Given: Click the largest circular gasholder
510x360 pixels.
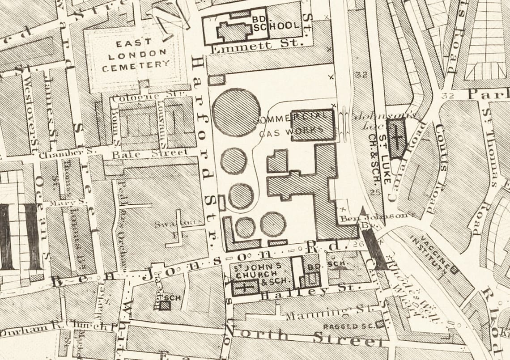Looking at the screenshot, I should [236, 112].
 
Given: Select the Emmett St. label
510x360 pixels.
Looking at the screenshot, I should [257, 45].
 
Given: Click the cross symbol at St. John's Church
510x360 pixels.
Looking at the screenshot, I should [244, 286].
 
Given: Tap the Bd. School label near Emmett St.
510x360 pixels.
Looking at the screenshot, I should [275, 23].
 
